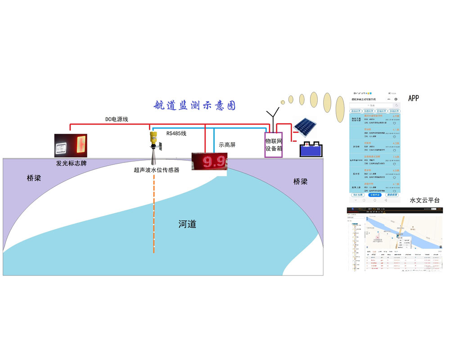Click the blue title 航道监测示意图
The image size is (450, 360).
tap(194, 106)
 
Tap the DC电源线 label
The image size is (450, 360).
tap(117, 119)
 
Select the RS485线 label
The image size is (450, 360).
tap(176, 134)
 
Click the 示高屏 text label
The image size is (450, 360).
tap(227, 145)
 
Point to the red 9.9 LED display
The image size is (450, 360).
tap(209, 161)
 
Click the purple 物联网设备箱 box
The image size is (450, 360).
tap(273, 145)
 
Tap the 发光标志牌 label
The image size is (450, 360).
tap(71, 163)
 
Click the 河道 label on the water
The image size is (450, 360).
tap(187, 224)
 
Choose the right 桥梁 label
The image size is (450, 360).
tap(300, 182)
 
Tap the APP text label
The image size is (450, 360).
tap(414, 98)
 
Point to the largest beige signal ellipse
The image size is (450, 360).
tap(340, 107)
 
